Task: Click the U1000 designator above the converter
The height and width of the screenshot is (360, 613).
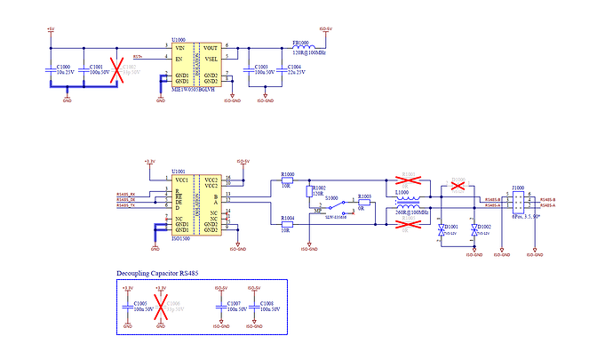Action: (179, 39)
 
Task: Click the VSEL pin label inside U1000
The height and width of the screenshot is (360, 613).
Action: (210, 58)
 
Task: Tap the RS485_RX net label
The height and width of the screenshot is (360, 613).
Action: (126, 193)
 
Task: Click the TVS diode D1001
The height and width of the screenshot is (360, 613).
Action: (442, 230)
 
